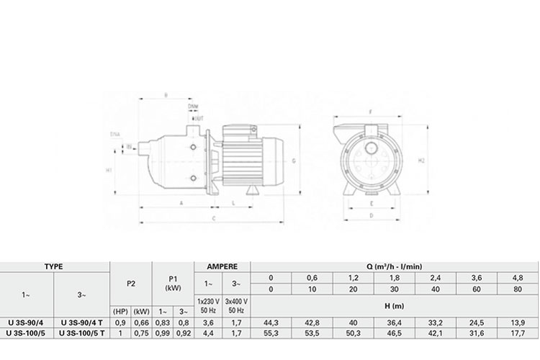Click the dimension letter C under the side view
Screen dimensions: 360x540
(215, 217)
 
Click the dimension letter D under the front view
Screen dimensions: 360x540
(370, 215)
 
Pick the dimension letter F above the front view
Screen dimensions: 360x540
(370, 112)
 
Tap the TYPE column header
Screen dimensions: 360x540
(54, 266)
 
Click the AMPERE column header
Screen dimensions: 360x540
(223, 266)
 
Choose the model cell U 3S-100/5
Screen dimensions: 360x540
(27, 334)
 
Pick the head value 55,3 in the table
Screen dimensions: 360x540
(271, 334)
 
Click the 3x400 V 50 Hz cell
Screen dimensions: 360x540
(238, 306)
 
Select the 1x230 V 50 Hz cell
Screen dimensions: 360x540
(208, 306)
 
